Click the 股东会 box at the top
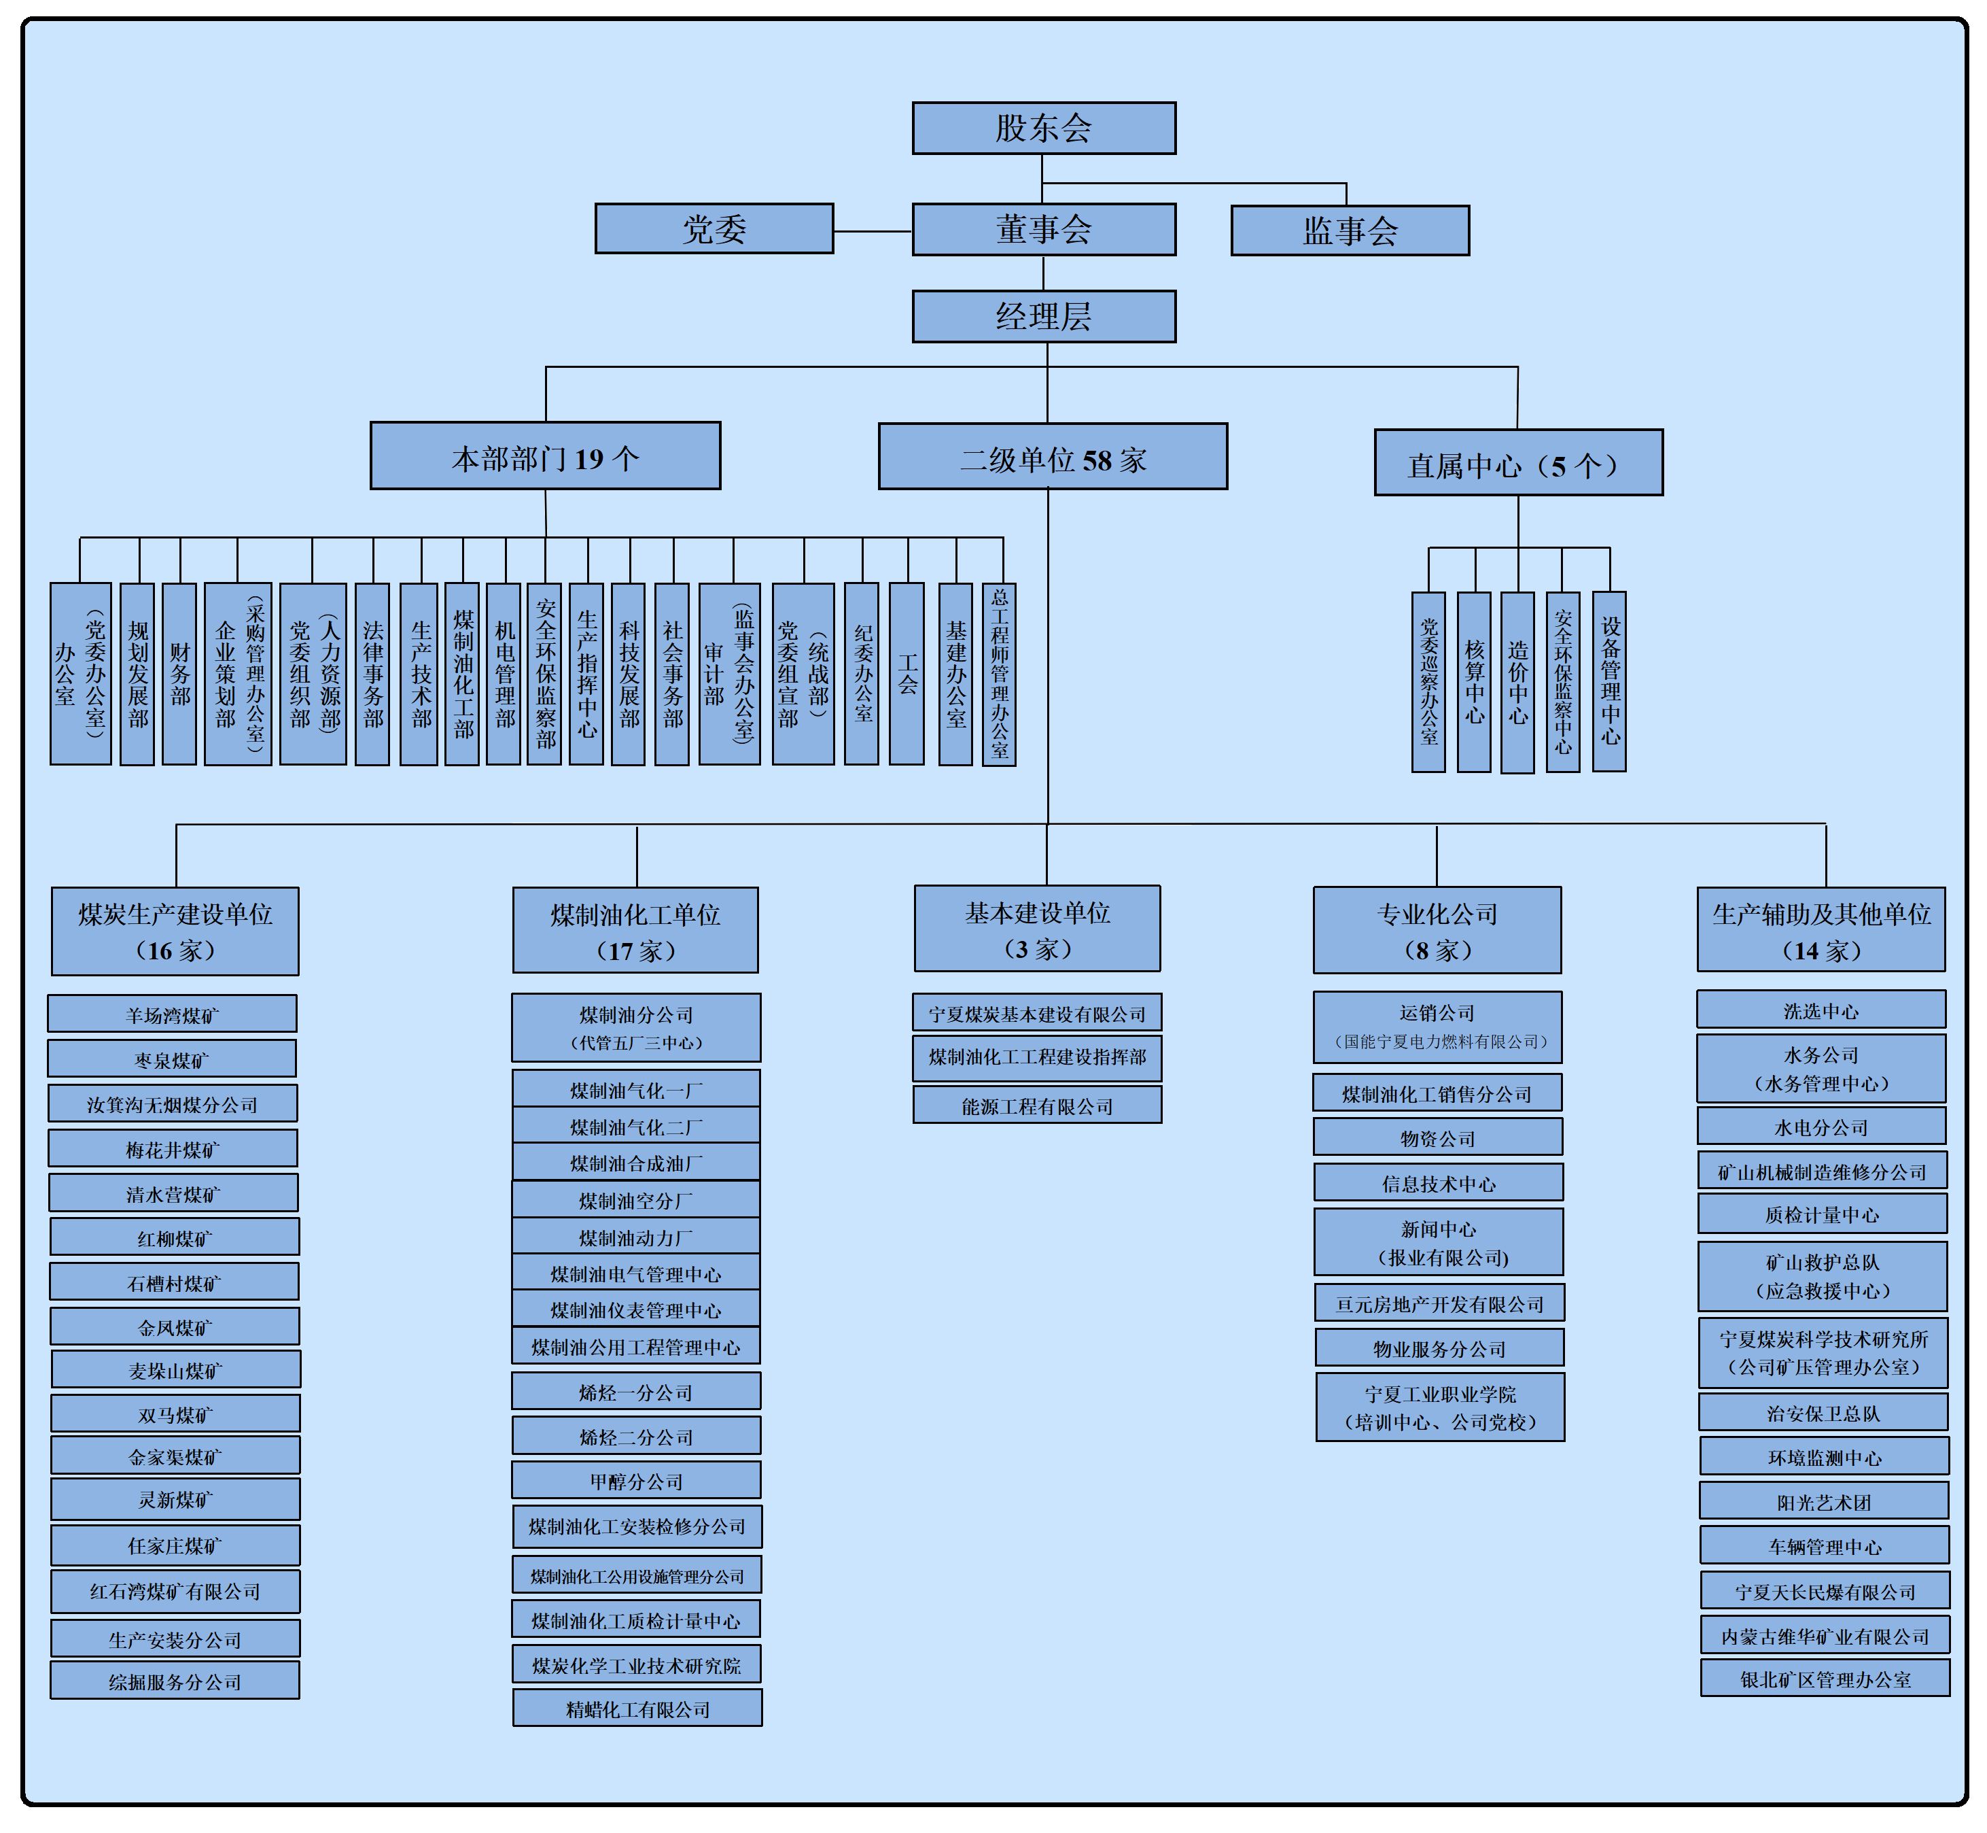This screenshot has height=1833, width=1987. click(1043, 128)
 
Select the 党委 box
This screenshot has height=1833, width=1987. click(714, 229)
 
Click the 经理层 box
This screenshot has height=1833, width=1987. click(1043, 316)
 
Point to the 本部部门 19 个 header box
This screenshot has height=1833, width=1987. click(545, 456)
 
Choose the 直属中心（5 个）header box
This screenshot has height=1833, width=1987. click(1518, 463)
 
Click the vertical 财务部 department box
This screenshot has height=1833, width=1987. click(179, 674)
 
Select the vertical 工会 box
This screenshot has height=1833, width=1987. click(907, 674)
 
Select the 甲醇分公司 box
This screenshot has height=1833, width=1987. click(637, 1480)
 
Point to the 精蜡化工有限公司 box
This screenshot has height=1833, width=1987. click(637, 1708)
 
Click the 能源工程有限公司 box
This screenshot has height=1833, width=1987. click(1037, 1105)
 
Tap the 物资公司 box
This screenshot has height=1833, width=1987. click(1438, 1137)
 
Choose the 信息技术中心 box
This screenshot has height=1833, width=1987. click(1439, 1182)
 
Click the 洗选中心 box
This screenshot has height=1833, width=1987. click(1821, 1010)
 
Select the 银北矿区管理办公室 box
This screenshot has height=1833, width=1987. click(1825, 1678)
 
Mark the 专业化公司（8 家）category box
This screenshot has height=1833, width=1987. click(1437, 930)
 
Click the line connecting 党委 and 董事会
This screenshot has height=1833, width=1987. click(873, 231)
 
